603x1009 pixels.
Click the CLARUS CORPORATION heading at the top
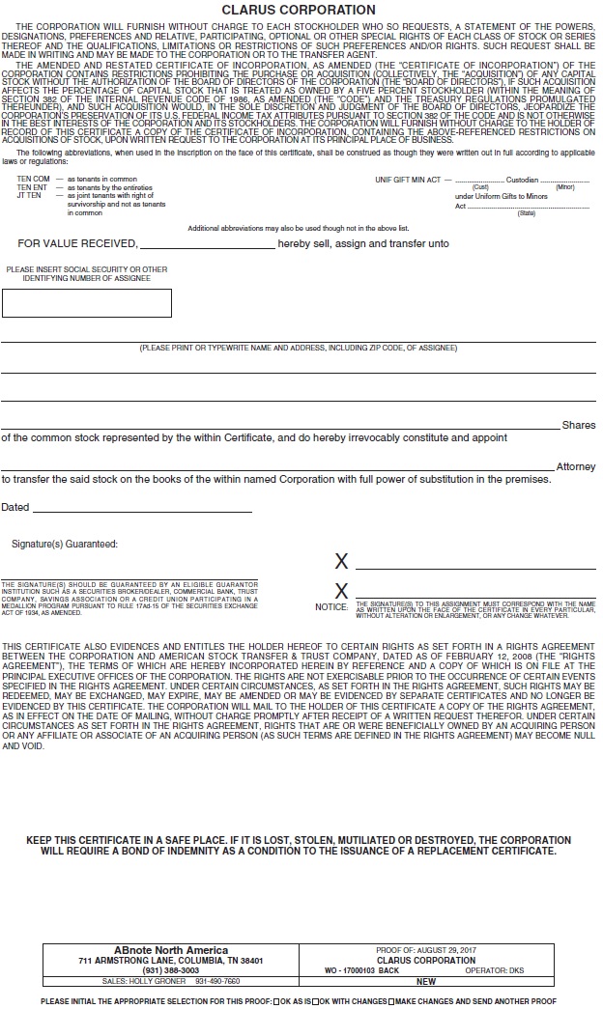click(x=301, y=10)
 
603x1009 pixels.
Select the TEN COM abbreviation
click(x=33, y=180)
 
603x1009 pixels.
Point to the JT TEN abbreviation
click(x=30, y=195)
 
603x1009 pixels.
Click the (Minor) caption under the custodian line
click(x=565, y=187)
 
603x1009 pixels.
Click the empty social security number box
click(x=87, y=302)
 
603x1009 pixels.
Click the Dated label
click(x=15, y=507)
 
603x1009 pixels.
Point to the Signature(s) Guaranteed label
click(x=65, y=544)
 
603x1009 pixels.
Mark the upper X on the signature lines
click(x=340, y=562)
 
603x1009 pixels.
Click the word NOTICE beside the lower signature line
click(x=331, y=607)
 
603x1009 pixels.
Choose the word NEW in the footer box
click(x=426, y=981)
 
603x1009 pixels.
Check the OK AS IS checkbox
click(x=276, y=1001)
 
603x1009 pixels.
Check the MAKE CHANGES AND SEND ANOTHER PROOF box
click(x=391, y=1001)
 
